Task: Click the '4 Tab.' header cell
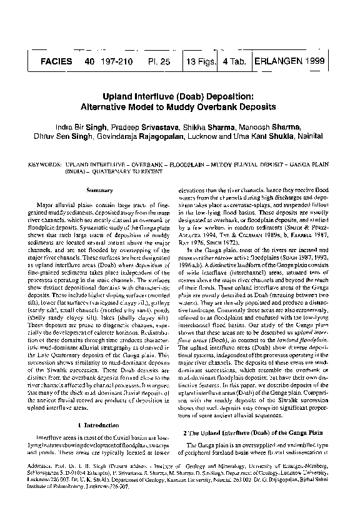[x=233, y=61]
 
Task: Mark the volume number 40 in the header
[x=89, y=61]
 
